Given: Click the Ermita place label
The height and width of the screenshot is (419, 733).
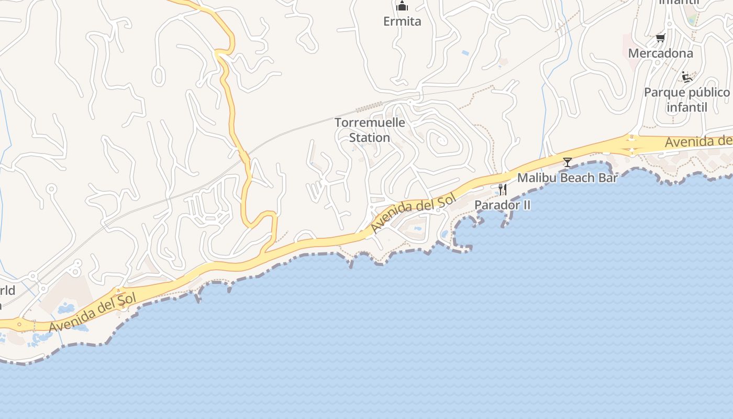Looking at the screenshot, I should coord(402,21).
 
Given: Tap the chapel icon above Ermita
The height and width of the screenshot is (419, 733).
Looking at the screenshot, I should coord(402,6).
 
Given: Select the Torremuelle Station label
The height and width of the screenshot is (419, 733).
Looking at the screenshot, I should coord(370,130).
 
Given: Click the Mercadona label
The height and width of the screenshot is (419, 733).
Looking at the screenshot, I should coord(660,53).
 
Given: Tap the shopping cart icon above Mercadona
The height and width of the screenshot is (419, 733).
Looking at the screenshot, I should coord(661,38).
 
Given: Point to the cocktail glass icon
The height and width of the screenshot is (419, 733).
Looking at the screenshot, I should coord(567,162).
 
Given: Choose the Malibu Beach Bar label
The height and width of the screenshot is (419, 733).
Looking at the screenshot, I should coord(568,178).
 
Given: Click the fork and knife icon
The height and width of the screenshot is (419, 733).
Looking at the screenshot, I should coord(502,189).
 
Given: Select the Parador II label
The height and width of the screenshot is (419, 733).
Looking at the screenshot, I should coord(502,205).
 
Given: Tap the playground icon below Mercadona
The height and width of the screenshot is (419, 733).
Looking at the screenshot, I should coord(687,77).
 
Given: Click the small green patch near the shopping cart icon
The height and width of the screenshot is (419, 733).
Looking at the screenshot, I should coord(693,20).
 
